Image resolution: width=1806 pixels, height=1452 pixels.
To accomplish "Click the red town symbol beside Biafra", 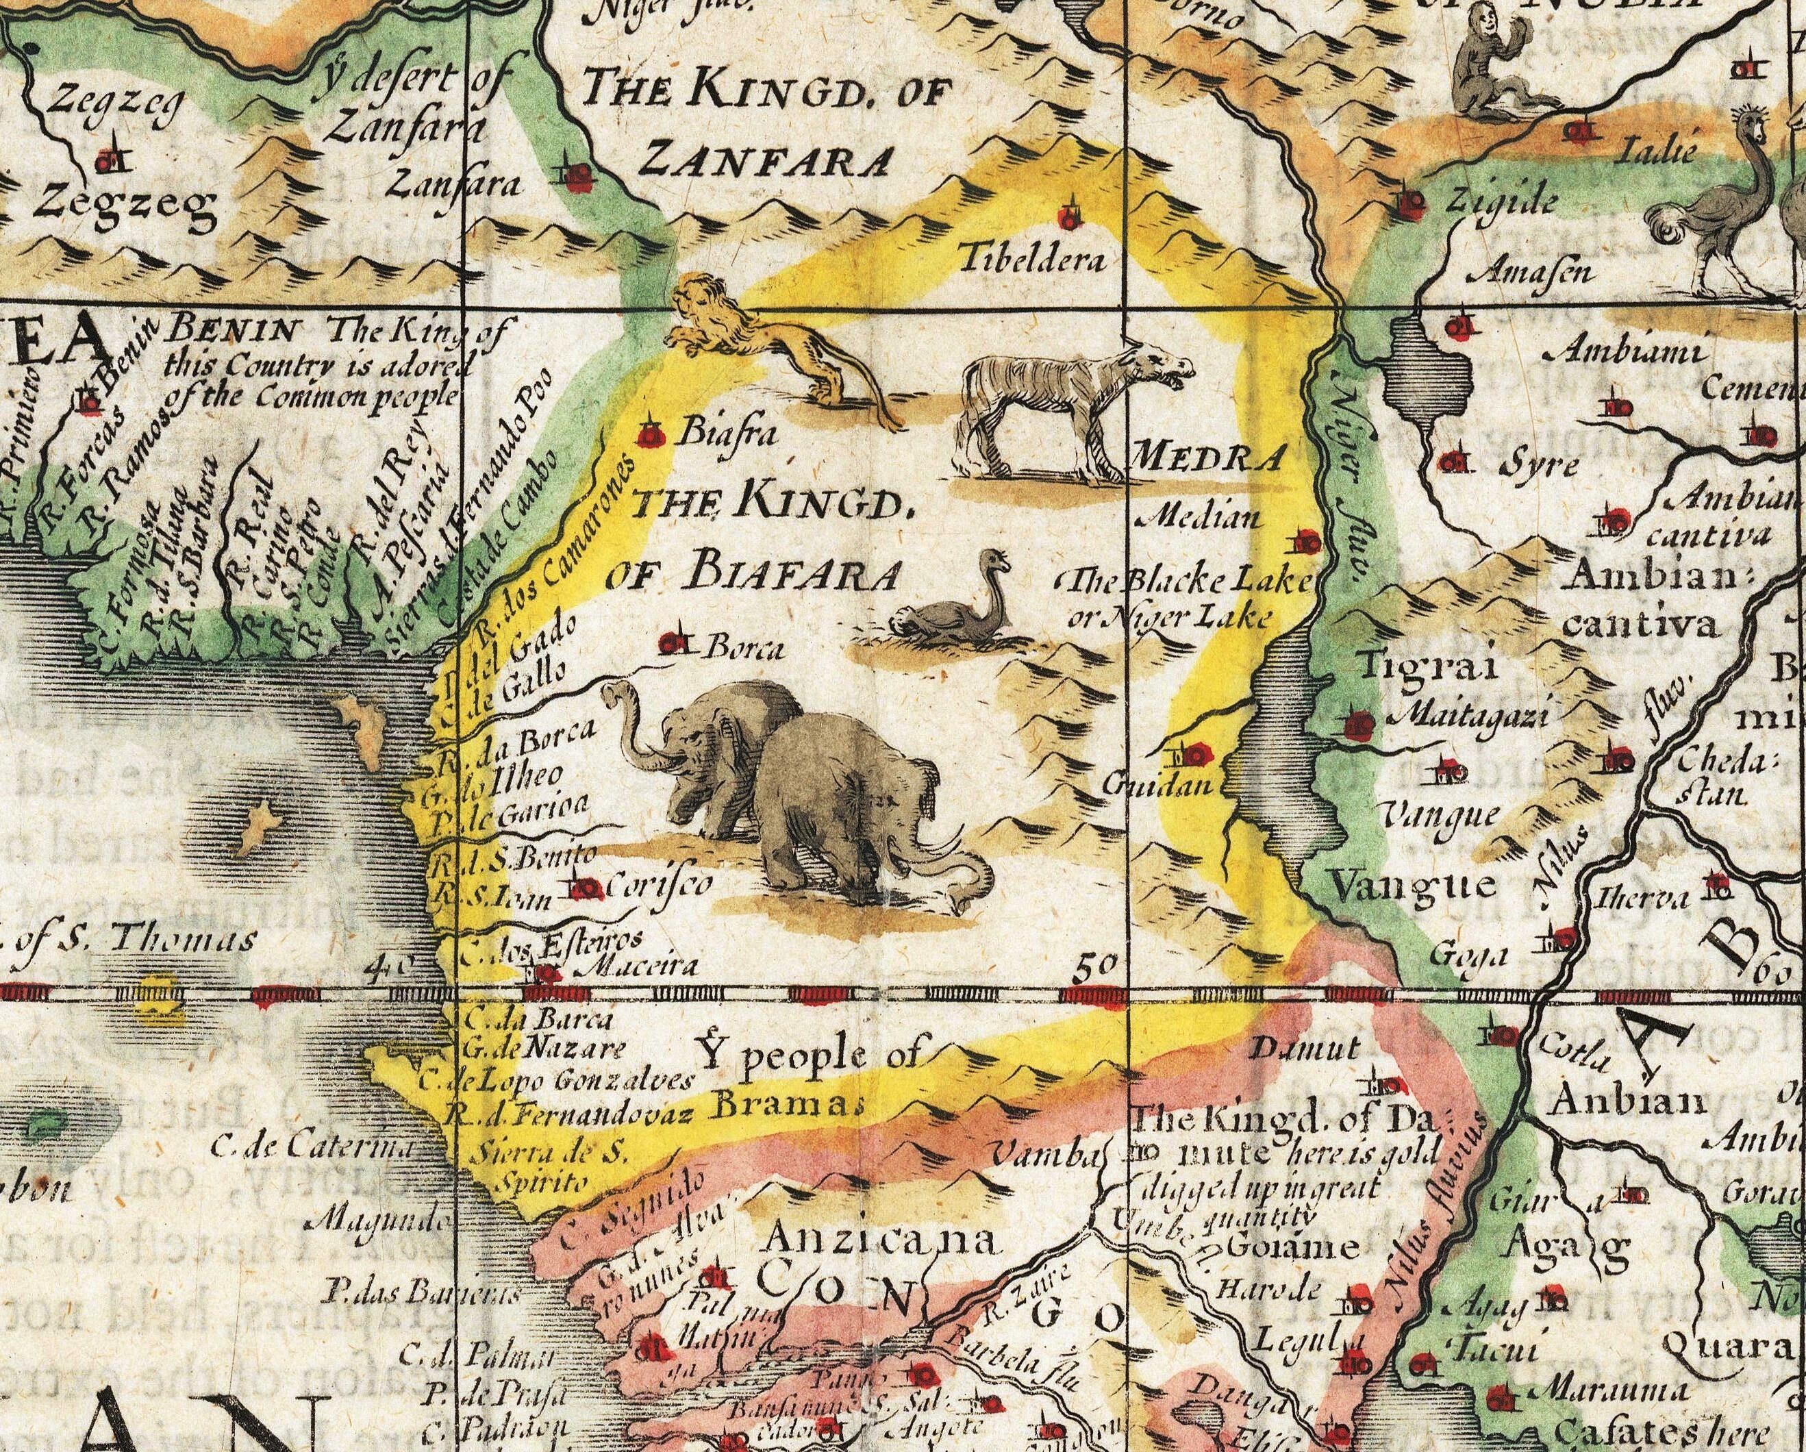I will pyautogui.click(x=650, y=435).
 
